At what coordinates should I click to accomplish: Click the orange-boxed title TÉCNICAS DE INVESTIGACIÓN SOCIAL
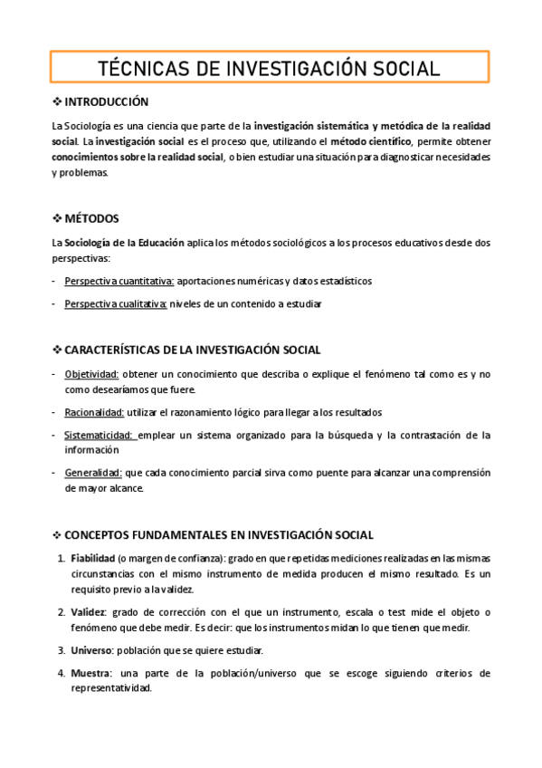click(270, 68)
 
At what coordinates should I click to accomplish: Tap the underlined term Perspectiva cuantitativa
click(119, 281)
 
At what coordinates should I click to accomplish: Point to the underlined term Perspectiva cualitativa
click(116, 303)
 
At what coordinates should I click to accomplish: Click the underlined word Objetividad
click(91, 374)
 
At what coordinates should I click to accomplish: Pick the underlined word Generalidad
click(92, 473)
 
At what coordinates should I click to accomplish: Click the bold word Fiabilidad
click(92, 559)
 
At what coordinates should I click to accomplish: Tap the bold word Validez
click(89, 612)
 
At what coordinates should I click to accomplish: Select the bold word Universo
click(91, 650)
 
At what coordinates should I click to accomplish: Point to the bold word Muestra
click(91, 673)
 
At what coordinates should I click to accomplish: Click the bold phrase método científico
click(371, 141)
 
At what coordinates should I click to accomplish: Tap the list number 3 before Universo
click(62, 650)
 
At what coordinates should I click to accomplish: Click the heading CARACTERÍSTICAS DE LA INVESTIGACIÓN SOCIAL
click(193, 350)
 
